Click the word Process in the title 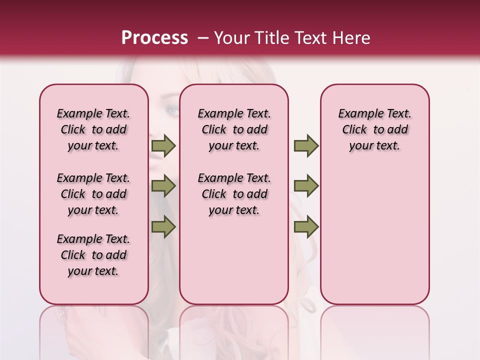pos(154,38)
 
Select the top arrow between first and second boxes pos(163,145)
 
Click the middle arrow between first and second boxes pos(163,186)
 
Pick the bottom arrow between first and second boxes pos(163,227)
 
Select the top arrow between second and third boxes pos(306,145)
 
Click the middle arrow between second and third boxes pos(306,186)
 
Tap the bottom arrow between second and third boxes pos(306,227)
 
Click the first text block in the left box pos(93,129)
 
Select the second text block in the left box pos(93,194)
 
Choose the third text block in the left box pos(93,255)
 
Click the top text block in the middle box pos(234,129)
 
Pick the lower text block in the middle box pos(234,194)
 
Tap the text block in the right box pos(374,129)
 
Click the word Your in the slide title pos(230,38)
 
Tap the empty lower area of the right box pos(374,235)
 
